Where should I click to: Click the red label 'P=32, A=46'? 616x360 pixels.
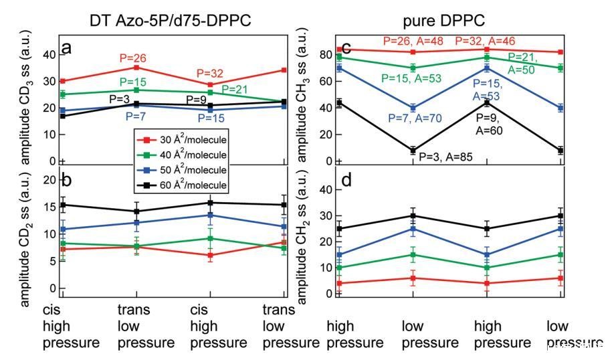(x=486, y=41)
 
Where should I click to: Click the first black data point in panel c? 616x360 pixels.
(x=340, y=102)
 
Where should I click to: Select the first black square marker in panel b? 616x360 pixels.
(x=62, y=205)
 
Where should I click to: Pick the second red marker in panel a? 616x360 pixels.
(x=136, y=68)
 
